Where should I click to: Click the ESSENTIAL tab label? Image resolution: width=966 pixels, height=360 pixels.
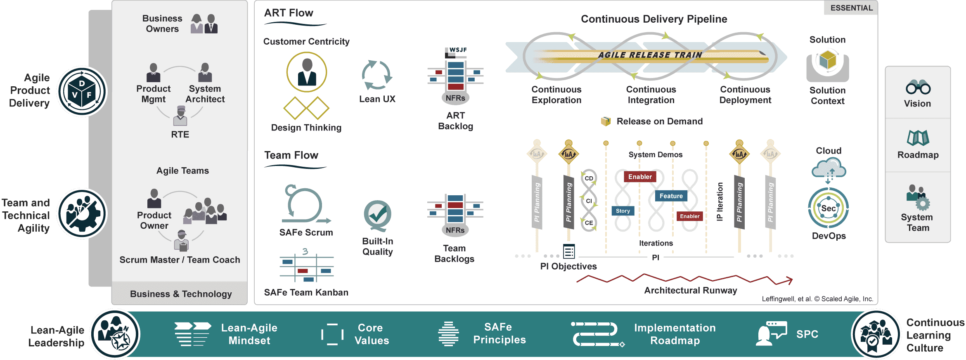[x=851, y=8]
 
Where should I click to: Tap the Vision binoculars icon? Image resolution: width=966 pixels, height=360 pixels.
[x=918, y=87]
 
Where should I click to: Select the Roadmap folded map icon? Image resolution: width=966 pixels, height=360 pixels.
[x=918, y=138]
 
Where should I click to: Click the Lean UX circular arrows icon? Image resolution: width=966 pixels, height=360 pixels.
[x=377, y=75]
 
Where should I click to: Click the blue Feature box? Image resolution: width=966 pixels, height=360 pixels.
[x=671, y=196]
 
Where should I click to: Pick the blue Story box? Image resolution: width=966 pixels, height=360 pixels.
[x=623, y=211]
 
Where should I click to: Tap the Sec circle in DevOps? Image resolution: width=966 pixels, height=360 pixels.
[x=828, y=208]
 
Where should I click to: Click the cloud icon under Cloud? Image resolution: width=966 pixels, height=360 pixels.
[x=829, y=168]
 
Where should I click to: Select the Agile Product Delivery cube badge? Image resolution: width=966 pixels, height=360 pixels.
[x=82, y=91]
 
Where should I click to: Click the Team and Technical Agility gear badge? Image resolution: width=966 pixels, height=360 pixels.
[x=82, y=213]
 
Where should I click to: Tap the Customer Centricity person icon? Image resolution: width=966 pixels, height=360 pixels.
[x=307, y=72]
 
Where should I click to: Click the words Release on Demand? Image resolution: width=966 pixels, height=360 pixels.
[x=659, y=121]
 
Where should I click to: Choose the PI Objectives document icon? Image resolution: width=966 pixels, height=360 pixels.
[x=569, y=251]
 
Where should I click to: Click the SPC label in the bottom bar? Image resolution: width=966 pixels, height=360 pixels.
[x=807, y=334]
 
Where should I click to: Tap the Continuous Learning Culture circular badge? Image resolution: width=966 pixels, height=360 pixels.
[x=876, y=334]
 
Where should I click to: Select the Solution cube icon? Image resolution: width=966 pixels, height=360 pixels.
[x=828, y=61]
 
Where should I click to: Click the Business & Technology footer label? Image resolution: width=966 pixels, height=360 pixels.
[x=181, y=294]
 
